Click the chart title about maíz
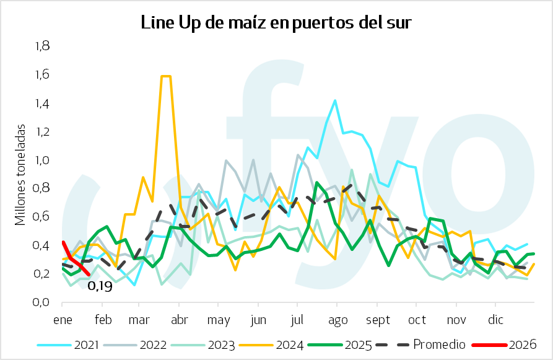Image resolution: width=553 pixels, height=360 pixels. [x=276, y=23]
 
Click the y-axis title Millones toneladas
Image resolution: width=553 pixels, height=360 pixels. [x=20, y=174]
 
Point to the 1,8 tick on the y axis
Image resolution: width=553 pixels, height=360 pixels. [x=42, y=46]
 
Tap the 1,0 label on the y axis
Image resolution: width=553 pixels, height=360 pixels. [x=42, y=160]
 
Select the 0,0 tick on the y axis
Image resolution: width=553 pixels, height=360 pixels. [x=42, y=302]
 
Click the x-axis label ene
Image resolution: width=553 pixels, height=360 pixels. [x=63, y=320]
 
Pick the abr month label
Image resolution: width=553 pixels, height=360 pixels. [x=179, y=320]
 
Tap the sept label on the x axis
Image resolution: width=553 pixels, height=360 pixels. [x=378, y=320]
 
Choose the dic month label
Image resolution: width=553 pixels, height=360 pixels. [x=496, y=320]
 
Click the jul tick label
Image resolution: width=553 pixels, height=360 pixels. [x=297, y=320]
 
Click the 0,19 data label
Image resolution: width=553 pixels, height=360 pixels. [x=100, y=286]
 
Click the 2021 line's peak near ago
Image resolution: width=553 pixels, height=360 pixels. [x=335, y=100]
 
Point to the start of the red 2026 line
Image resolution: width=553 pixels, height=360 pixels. [x=63, y=242]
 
